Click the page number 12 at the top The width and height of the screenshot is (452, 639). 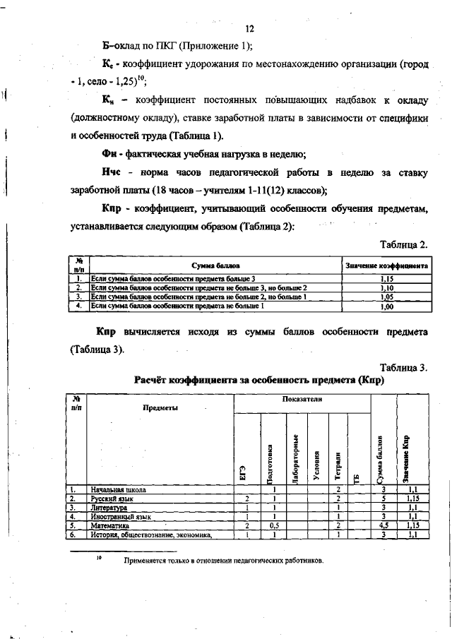pyautogui.click(x=249, y=29)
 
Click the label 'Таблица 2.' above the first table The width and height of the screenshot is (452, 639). pyautogui.click(x=403, y=244)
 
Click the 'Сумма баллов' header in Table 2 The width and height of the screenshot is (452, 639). pyautogui.click(x=215, y=265)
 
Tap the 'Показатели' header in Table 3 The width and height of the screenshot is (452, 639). pyautogui.click(x=302, y=400)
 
